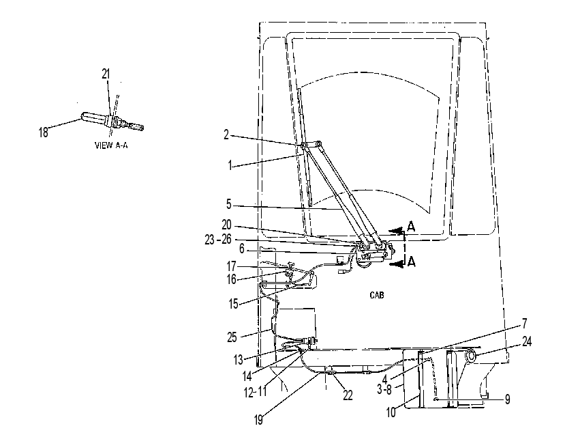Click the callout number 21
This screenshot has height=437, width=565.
pyautogui.click(x=105, y=74)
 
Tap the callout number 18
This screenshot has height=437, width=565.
pyautogui.click(x=43, y=132)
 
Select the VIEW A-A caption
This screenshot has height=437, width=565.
pyautogui.click(x=111, y=145)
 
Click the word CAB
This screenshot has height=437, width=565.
pyautogui.click(x=377, y=295)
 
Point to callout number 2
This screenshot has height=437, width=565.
pyautogui.click(x=226, y=135)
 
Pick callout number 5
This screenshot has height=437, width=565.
pyautogui.click(x=228, y=204)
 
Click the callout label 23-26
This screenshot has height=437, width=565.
pyautogui.click(x=218, y=239)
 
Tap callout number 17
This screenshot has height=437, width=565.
pyautogui.click(x=231, y=266)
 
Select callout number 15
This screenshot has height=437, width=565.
pyautogui.click(x=234, y=304)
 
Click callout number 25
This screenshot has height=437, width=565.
pyautogui.click(x=232, y=337)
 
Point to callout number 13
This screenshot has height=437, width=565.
pyautogui.click(x=239, y=359)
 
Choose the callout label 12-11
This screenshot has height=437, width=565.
pyautogui.click(x=256, y=392)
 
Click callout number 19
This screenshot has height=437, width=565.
pyautogui.click(x=258, y=420)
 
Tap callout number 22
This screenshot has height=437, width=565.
pyautogui.click(x=348, y=395)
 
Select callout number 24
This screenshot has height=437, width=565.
pyautogui.click(x=527, y=341)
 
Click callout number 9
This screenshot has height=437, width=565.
pyautogui.click(x=507, y=399)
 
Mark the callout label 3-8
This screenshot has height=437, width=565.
pyautogui.click(x=384, y=390)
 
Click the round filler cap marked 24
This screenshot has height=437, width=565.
pyautogui.click(x=471, y=356)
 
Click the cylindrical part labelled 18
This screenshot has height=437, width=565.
pyautogui.click(x=95, y=118)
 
